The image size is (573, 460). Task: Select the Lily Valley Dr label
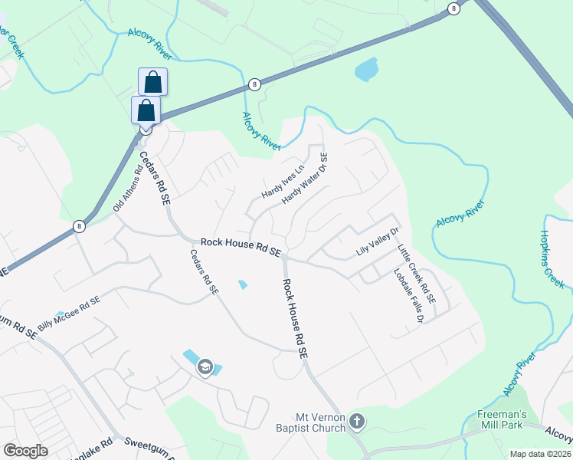click(x=378, y=242)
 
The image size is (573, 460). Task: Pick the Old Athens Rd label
click(x=128, y=191)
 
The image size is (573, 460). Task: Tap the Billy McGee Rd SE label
click(x=69, y=313)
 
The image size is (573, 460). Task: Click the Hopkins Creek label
click(x=552, y=259)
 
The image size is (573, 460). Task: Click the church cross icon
click(x=356, y=421)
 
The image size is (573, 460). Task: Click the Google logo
click(x=25, y=451)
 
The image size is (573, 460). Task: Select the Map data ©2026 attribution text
click(x=540, y=453)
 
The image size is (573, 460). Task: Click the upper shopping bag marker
click(x=153, y=82)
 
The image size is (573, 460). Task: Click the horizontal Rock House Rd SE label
click(x=241, y=246)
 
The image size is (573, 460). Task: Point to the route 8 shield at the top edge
click(x=454, y=8)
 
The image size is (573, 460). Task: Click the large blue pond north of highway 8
click(x=365, y=70)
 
